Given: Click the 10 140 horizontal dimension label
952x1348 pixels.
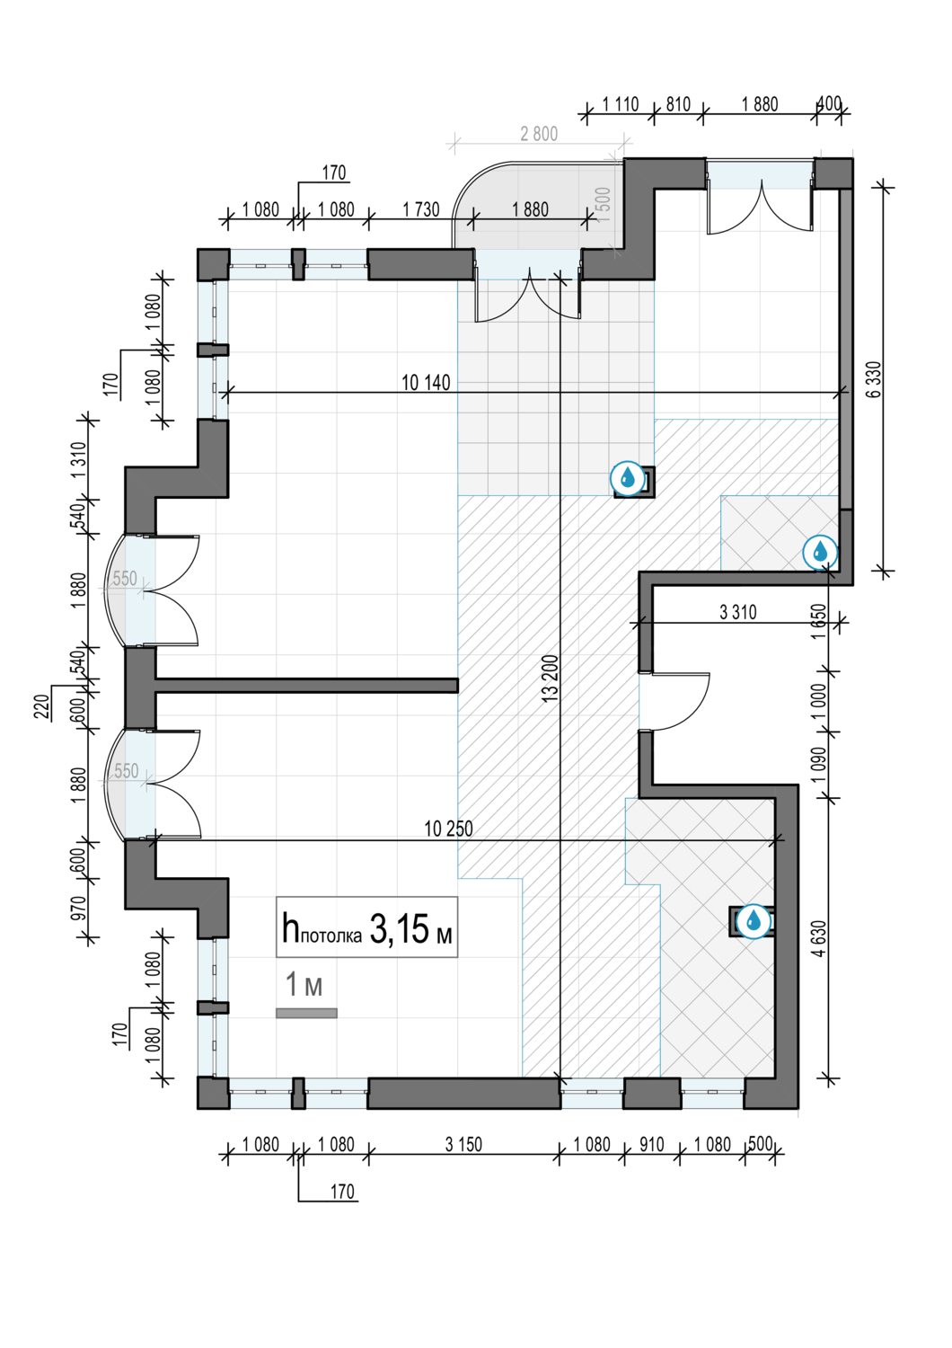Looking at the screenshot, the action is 425,383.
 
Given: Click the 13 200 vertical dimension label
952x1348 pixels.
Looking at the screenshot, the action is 551,677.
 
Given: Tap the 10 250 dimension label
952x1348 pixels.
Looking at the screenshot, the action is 448,829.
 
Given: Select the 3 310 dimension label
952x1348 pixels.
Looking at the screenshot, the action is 738,613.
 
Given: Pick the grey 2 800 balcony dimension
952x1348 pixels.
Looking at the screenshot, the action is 539,134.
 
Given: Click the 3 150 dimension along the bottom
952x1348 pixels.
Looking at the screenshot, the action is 463,1144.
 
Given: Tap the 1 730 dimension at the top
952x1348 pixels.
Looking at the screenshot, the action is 421,209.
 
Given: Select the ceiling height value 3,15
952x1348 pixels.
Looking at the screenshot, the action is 400,930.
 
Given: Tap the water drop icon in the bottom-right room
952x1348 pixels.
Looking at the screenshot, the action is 754,921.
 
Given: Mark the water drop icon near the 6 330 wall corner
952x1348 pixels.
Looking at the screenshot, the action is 820,552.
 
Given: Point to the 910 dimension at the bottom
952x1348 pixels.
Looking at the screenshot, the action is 652,1144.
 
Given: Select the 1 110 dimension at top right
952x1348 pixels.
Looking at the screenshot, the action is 620,104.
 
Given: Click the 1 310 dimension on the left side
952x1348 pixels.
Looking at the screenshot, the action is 79,460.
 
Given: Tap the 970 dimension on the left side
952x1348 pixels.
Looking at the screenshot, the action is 79,908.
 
